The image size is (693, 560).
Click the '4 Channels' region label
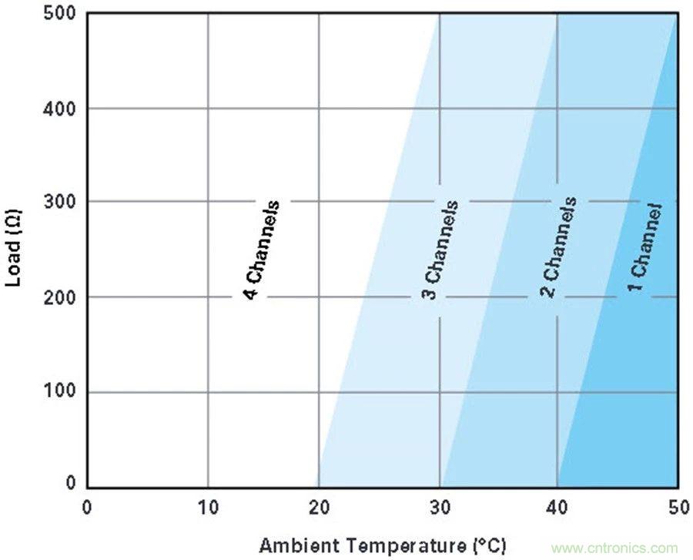click(x=261, y=250)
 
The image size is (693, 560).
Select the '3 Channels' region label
click(x=442, y=250)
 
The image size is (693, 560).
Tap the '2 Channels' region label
click(x=559, y=246)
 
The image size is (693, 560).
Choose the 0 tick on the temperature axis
click(x=87, y=508)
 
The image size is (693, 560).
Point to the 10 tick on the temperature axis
click(x=207, y=508)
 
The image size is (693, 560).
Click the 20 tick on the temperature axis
click(x=319, y=508)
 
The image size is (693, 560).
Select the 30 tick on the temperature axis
click(x=439, y=508)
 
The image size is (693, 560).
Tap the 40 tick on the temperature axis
click(x=557, y=508)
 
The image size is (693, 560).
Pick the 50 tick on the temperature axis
click(x=676, y=508)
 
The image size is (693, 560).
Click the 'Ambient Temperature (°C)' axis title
click(x=383, y=545)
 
